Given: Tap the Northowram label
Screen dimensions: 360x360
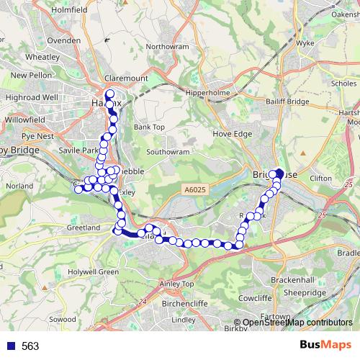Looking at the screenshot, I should [166, 46].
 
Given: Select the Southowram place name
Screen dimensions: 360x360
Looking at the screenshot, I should [167, 152].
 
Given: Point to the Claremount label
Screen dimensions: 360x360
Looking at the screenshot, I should [126, 77].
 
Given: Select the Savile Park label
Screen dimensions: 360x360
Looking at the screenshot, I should [79, 150].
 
